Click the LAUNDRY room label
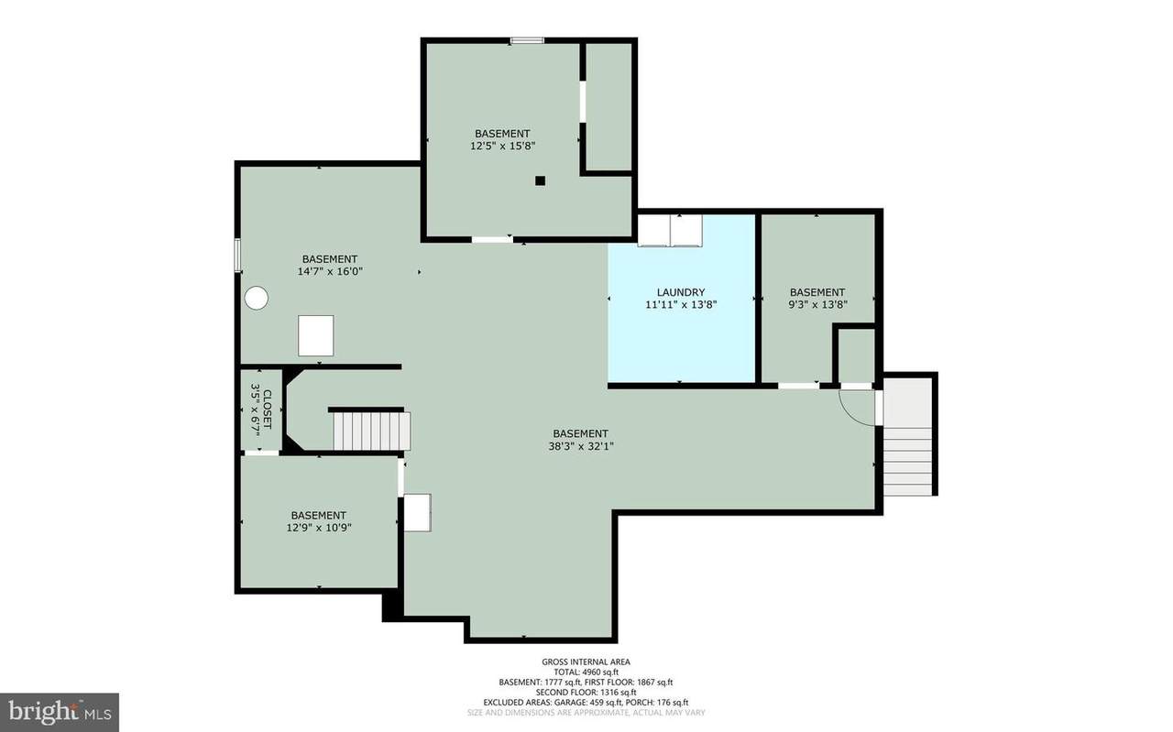click(681, 292)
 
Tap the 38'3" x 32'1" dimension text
click(581, 447)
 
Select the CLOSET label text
click(267, 409)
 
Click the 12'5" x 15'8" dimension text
click(503, 146)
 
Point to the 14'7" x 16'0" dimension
click(330, 271)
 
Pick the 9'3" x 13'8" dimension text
click(817, 304)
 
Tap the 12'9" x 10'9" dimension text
click(318, 528)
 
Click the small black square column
click(541, 180)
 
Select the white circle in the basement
click(257, 298)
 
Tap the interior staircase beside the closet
click(372, 431)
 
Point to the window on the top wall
click(527, 40)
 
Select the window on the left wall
click(237, 255)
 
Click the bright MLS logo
click(60, 712)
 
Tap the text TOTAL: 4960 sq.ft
click(586, 672)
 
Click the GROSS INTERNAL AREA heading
click(586, 661)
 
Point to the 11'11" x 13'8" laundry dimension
click(681, 304)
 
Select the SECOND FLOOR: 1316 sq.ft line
click(586, 693)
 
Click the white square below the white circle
click(316, 335)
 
